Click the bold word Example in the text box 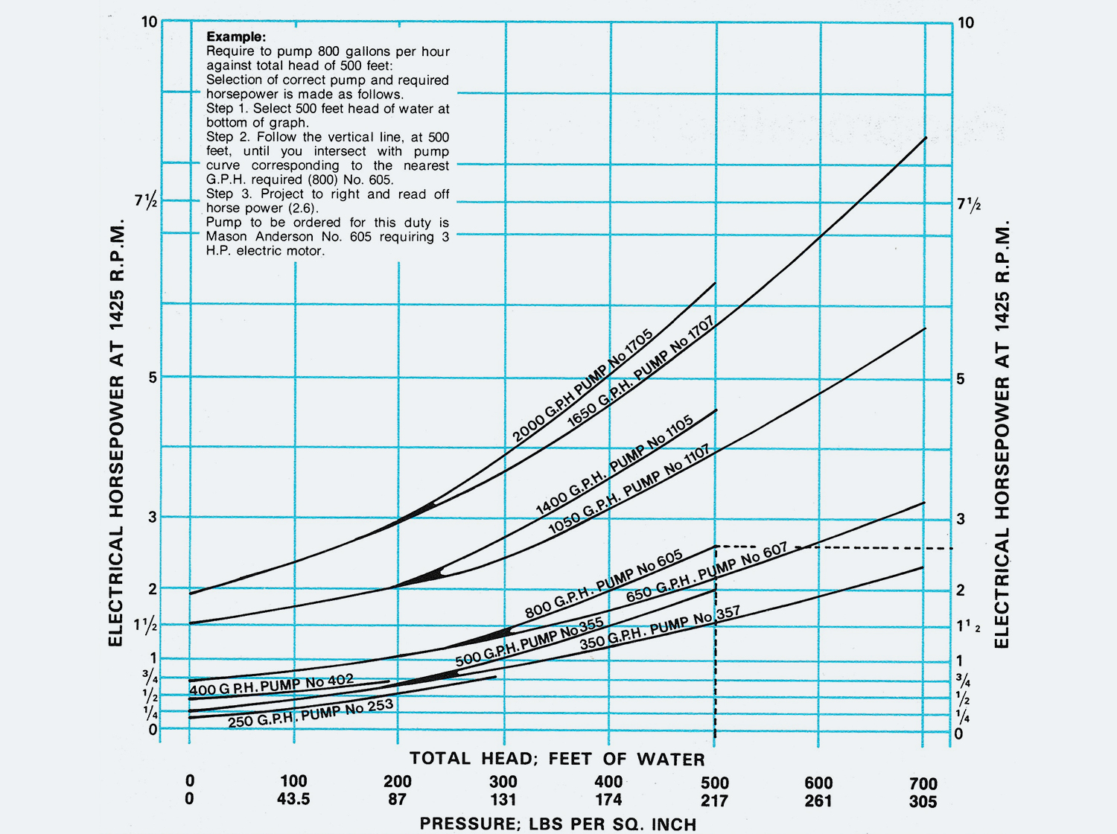click(x=235, y=36)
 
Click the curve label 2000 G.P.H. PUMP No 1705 click(x=583, y=386)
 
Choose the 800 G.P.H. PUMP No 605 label click(x=604, y=585)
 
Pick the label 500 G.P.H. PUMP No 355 click(x=529, y=642)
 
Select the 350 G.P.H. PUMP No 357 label click(x=660, y=628)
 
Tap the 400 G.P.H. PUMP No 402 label click(x=271, y=685)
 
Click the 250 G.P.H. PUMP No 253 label click(x=311, y=713)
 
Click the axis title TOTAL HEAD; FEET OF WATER click(x=557, y=759)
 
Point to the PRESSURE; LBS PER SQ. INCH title click(x=558, y=824)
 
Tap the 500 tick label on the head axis click(x=715, y=783)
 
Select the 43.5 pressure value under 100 click(x=293, y=799)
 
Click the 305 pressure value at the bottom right click(x=923, y=801)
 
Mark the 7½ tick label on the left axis click(x=146, y=201)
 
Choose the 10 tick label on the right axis click(x=965, y=22)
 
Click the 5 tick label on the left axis click(x=153, y=377)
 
